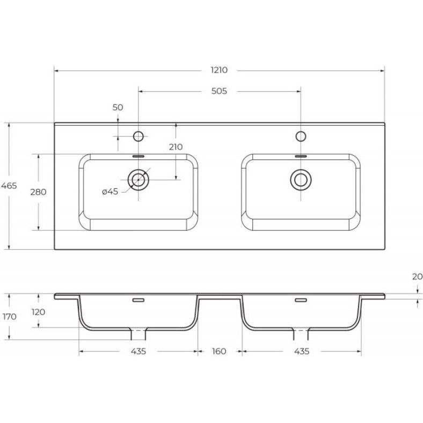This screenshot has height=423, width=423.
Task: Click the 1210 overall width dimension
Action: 219,70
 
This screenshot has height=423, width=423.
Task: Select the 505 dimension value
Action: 219,91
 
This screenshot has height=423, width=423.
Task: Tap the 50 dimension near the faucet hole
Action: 118,107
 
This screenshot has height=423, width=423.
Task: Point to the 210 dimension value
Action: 176,147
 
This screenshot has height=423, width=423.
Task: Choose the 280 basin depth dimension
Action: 39,192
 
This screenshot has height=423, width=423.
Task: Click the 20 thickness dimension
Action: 417,277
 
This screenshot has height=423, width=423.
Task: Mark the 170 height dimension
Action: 9,317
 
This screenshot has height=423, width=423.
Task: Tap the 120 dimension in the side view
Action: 39,312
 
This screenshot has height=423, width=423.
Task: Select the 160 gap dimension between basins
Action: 219,352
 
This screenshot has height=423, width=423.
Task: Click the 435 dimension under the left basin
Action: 138,352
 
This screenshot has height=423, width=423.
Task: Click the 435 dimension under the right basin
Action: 302,352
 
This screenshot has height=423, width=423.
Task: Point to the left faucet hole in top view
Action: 138,136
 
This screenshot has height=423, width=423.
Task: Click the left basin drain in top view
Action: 138,179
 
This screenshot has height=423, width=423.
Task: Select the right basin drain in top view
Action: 301,179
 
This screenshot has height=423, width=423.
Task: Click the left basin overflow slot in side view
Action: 138,300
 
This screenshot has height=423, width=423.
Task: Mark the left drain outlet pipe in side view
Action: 139,333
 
